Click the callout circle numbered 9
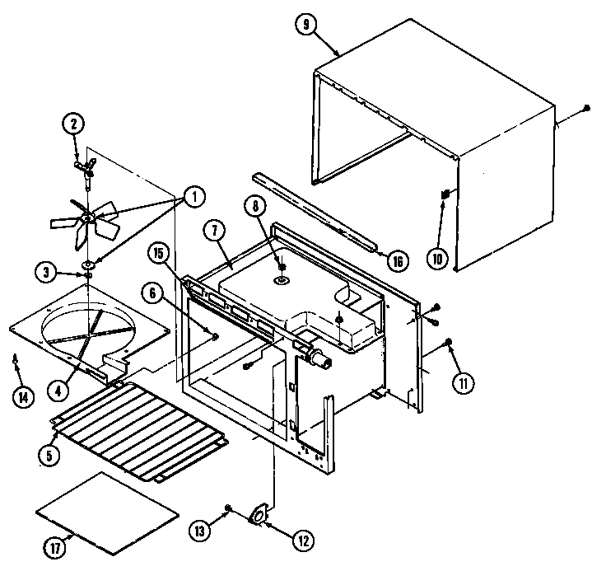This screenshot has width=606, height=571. point(306,25)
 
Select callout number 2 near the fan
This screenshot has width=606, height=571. point(73,124)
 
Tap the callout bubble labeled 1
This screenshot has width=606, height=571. point(193,197)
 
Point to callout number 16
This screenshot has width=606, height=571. point(398,260)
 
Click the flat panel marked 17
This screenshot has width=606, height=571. point(108,512)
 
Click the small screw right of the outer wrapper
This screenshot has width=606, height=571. point(585,108)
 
